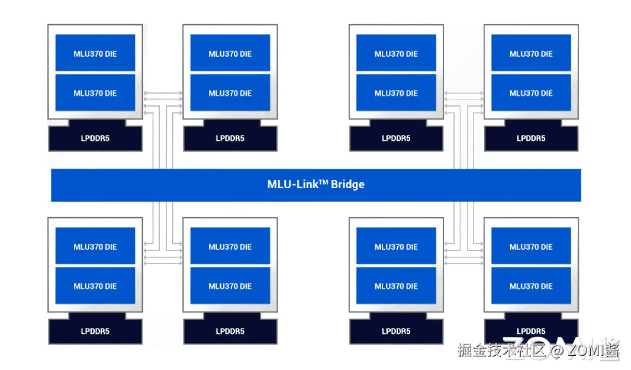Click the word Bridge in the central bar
[x=347, y=184]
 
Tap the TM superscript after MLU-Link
[x=324, y=182]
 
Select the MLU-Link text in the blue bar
[x=293, y=184]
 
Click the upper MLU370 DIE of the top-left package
[x=95, y=53]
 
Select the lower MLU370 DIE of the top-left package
[x=95, y=92]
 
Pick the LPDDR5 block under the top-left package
[x=95, y=138]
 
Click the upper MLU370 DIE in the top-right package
[x=531, y=53]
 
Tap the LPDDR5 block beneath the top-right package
[x=531, y=138]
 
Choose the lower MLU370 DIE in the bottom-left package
[x=95, y=285]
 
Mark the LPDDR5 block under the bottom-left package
[x=95, y=331]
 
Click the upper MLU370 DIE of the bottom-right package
[x=531, y=246]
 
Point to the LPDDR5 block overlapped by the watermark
[x=531, y=331]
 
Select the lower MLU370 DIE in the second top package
[x=230, y=92]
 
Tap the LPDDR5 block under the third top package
[x=397, y=138]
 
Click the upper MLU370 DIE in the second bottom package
[x=230, y=246]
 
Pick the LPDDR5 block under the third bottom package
[x=397, y=331]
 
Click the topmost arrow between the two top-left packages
[x=163, y=93]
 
